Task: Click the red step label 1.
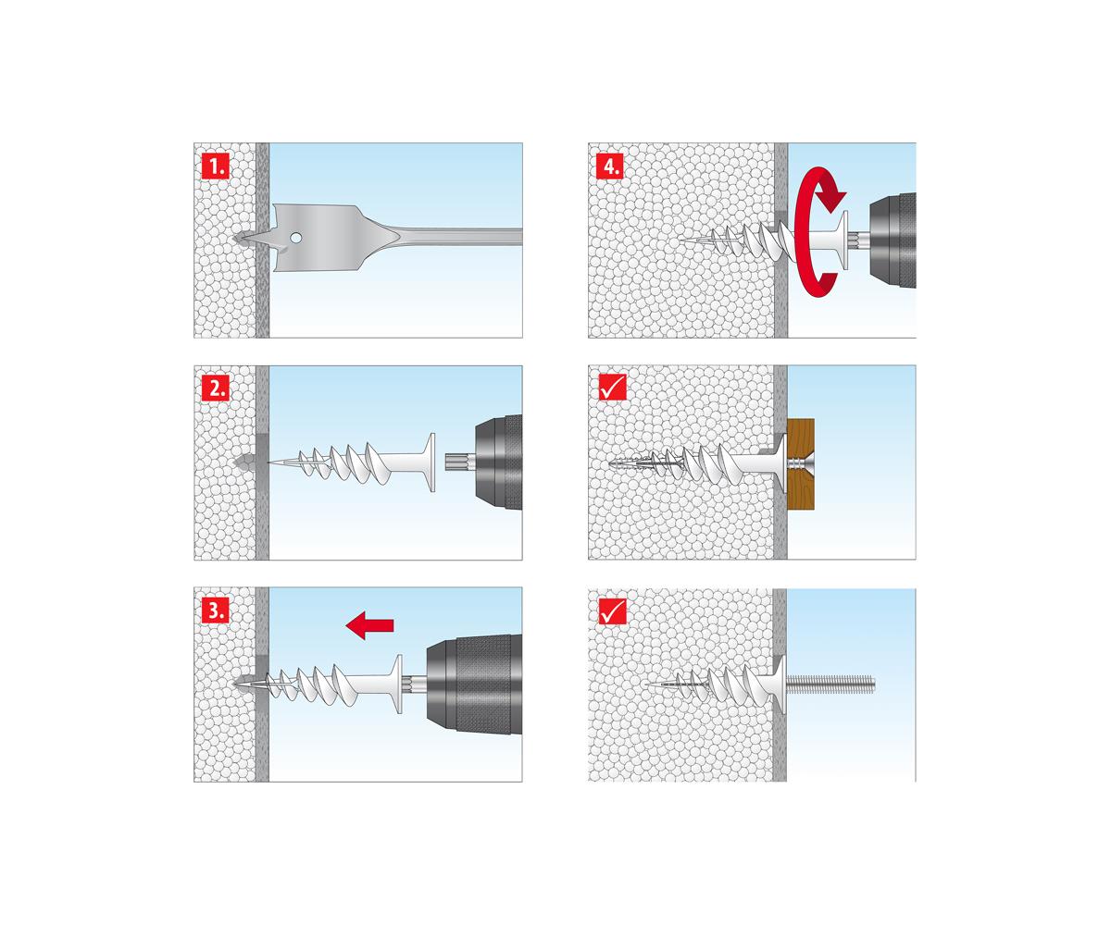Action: (x=216, y=166)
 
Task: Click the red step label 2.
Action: (x=216, y=388)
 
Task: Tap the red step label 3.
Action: (x=216, y=610)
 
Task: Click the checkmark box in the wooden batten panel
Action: (x=613, y=387)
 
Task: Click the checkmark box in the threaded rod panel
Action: (x=613, y=611)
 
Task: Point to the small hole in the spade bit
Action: (x=296, y=238)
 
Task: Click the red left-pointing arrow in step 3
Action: (x=369, y=624)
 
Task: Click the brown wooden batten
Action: (x=800, y=464)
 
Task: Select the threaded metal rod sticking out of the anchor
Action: (x=830, y=684)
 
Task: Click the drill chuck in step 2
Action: (x=498, y=462)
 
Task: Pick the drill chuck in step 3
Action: (x=473, y=684)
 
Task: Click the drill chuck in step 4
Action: (x=893, y=240)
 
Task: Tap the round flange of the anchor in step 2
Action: (x=431, y=462)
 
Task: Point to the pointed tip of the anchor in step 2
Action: (x=268, y=462)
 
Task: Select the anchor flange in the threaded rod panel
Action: (x=780, y=684)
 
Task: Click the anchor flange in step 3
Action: (x=397, y=684)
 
